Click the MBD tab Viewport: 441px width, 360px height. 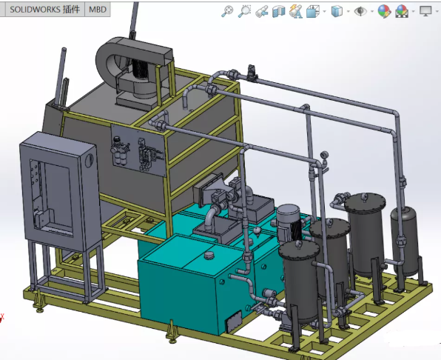(97, 10)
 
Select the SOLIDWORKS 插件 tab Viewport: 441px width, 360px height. (43, 10)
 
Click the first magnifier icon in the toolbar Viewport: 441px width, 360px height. (227, 11)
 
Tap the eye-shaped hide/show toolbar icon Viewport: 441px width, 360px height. (360, 11)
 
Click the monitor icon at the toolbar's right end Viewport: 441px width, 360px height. (425, 11)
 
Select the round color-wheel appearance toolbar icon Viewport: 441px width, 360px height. (383, 11)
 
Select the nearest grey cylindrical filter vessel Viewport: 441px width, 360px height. (300, 285)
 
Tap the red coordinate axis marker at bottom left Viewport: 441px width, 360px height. (3, 319)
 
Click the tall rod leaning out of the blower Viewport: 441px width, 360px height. (134, 19)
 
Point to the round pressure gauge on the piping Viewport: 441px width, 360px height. (324, 155)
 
